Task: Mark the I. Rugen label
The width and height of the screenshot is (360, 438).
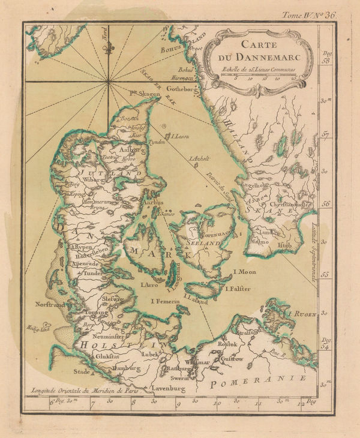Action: pos(301,314)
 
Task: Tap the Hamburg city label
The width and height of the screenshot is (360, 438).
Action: pos(126,367)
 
